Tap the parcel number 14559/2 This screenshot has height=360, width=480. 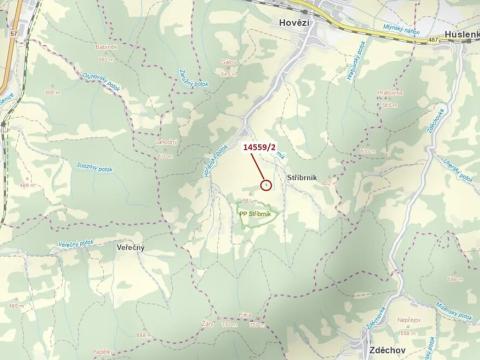pyautogui.click(x=259, y=146)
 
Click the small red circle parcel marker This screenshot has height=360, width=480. pyautogui.click(x=266, y=184)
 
